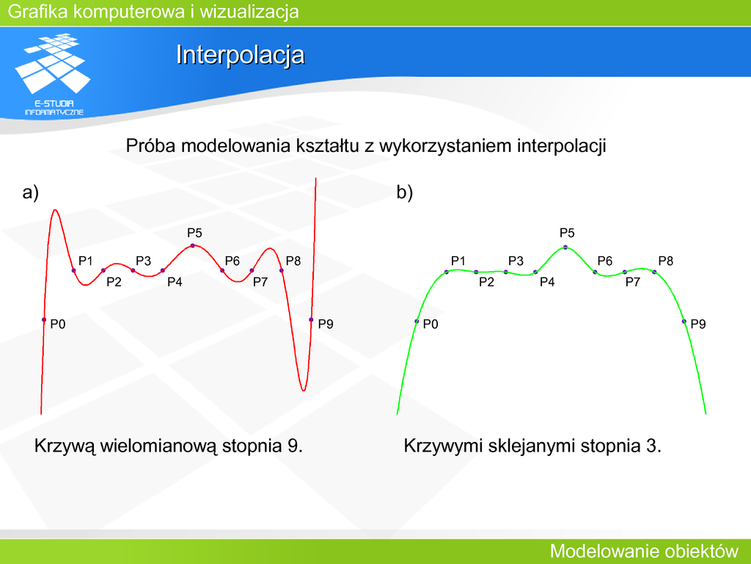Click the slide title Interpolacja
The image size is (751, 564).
tap(240, 55)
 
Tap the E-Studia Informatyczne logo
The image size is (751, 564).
tap(53, 74)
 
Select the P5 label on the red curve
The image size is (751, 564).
tap(194, 233)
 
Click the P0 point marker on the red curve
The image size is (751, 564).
tap(44, 320)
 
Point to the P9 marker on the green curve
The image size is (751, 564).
tap(684, 322)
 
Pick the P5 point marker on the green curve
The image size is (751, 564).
tap(565, 247)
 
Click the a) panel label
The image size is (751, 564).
tap(30, 192)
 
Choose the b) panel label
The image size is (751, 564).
tap(405, 192)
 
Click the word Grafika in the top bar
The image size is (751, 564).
tap(38, 12)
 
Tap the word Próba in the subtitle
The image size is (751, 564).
tap(150, 145)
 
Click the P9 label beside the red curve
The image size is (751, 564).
tap(326, 324)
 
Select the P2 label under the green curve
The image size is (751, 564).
tap(486, 282)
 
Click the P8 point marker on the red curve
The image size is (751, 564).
tap(282, 270)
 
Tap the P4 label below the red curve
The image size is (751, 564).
tap(175, 282)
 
